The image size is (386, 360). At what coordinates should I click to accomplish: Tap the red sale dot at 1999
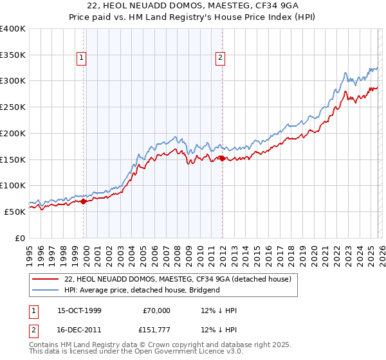coord(84,201)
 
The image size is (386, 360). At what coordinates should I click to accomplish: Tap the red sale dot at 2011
coord(222,158)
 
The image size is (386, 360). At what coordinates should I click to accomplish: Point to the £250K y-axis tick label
coord(13,107)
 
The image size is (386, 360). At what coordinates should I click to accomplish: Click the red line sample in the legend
coord(45,279)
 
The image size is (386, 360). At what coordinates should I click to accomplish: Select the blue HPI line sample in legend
coord(45,290)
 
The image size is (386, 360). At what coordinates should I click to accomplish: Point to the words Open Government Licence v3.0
coord(191,353)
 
